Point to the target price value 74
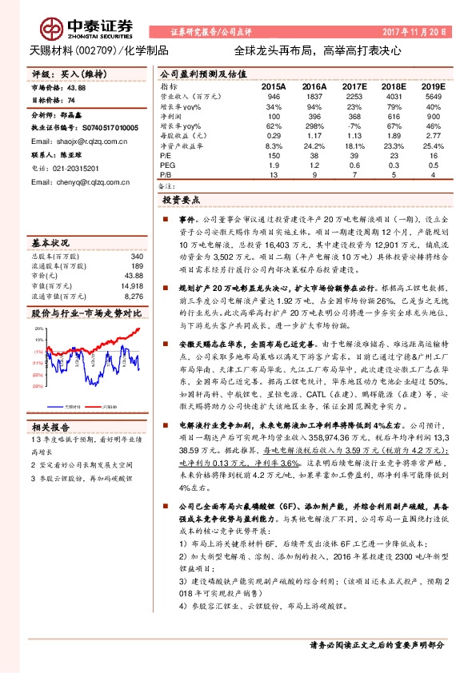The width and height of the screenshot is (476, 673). click(x=72, y=102)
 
